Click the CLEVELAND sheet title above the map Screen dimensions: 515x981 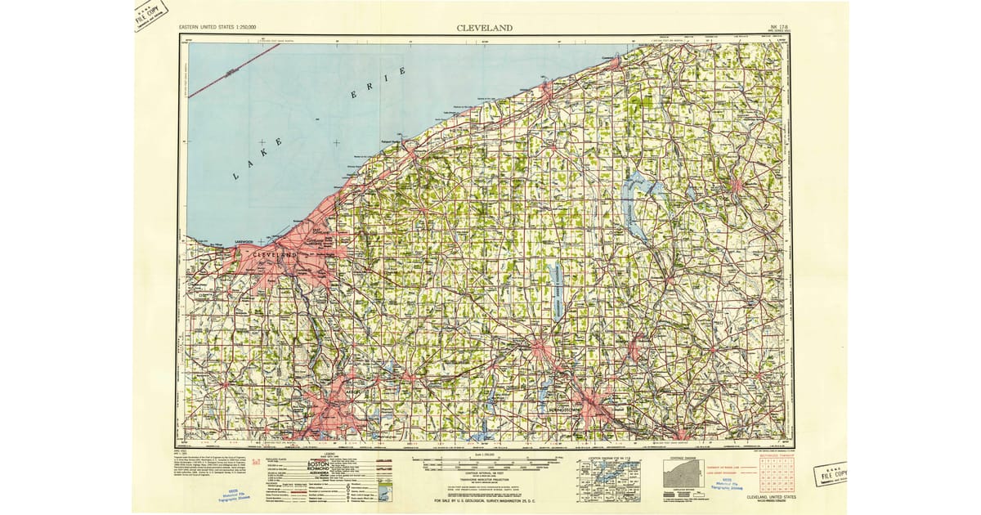(x=486, y=28)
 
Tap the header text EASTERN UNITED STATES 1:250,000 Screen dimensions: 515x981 (x=222, y=28)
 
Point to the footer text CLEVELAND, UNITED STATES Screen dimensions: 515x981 (x=767, y=496)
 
